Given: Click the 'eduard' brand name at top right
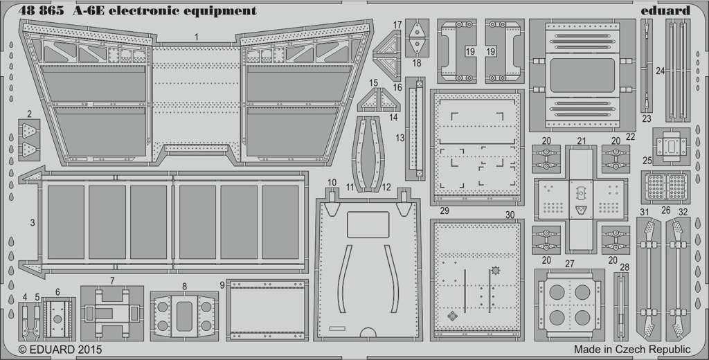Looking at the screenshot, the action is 665,10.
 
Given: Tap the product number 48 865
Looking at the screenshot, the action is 41,10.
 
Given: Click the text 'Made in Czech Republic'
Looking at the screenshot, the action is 632,349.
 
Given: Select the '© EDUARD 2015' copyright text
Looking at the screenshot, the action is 60,350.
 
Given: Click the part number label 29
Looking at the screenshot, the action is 445,210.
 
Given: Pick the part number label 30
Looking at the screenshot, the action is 510,215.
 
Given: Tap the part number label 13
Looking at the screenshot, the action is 400,138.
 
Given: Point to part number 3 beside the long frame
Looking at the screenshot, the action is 33,222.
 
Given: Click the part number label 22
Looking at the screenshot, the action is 630,136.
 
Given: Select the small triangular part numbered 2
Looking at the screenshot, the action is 29,140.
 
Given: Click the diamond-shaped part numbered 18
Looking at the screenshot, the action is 417,38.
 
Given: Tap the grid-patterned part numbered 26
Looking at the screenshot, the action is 665,187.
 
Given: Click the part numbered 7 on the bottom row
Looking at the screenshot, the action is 111,313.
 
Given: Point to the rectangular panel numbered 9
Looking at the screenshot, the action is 267,310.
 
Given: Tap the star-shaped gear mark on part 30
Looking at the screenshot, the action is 496,271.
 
